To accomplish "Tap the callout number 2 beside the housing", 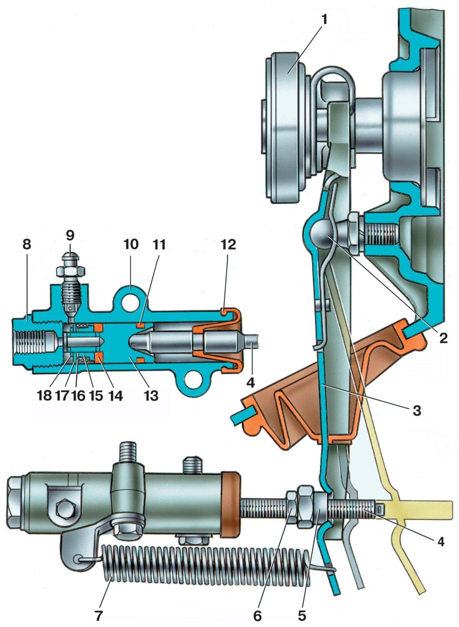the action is pyautogui.click(x=444, y=338).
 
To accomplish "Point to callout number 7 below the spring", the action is pyautogui.click(x=98, y=615).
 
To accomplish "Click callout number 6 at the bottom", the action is pyautogui.click(x=257, y=616).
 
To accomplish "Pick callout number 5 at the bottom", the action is pyautogui.click(x=302, y=616).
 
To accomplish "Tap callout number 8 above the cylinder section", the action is pyautogui.click(x=27, y=244).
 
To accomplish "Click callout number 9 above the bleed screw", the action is pyautogui.click(x=70, y=236).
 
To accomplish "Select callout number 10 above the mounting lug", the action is pyautogui.click(x=131, y=244).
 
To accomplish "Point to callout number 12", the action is pyautogui.click(x=228, y=244).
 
